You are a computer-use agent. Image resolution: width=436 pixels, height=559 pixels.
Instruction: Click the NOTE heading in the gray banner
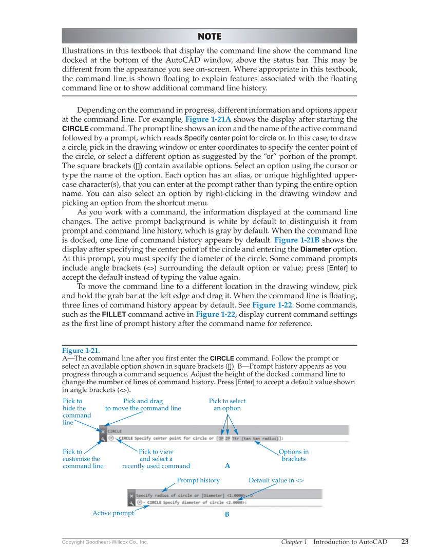pos(210,36)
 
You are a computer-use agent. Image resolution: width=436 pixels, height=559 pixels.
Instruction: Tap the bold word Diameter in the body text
pos(315,250)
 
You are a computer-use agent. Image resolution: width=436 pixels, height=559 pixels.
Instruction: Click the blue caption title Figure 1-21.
pos(81,350)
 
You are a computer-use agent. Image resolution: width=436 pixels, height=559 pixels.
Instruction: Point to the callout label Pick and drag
pos(143,401)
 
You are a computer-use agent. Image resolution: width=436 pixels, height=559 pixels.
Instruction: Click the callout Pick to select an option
pos(227,405)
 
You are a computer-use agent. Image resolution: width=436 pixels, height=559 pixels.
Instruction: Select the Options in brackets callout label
pos(293,455)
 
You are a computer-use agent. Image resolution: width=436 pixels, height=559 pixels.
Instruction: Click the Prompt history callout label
pos(198,480)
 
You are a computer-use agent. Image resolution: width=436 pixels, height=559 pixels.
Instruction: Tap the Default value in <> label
pos(276,480)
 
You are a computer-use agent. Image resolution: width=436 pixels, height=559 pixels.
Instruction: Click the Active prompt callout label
pos(113,513)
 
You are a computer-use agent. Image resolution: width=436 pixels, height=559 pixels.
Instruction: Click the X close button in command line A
pos(103,431)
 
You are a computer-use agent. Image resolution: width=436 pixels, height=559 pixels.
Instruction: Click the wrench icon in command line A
pos(103,439)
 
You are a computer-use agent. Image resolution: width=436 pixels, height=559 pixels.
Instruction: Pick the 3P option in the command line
pos(220,439)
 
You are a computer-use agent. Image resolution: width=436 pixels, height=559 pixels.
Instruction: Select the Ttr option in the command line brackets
pos(235,439)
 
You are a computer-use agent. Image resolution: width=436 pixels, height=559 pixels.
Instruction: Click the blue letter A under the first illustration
pos(228,465)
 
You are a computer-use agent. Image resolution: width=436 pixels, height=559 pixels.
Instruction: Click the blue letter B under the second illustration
pos(226,514)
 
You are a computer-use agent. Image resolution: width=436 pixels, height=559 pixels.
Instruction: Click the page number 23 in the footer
pos(405,542)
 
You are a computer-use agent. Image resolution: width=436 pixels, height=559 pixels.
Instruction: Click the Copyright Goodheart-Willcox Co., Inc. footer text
pos(105,542)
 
